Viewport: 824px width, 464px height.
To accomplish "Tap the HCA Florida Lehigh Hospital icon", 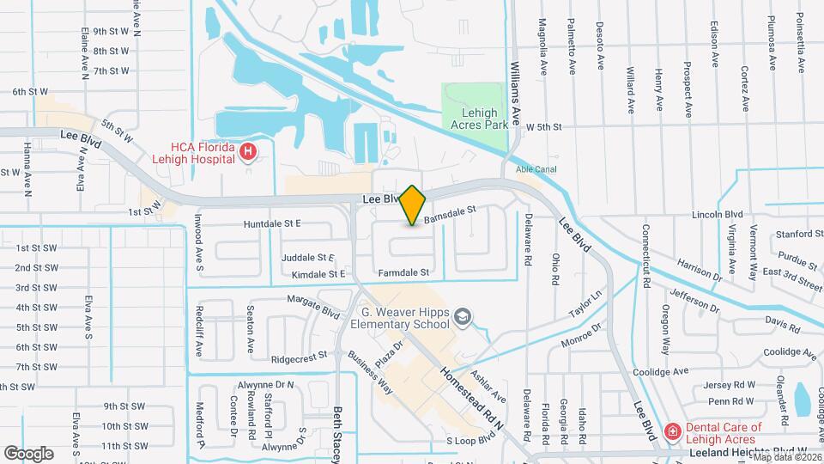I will pyautogui.click(x=248, y=152).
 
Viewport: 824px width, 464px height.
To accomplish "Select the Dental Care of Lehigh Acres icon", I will pyautogui.click(x=674, y=430).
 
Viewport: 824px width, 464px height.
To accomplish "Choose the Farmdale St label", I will pyautogui.click(x=403, y=272).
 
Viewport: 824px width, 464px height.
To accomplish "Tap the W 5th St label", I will pyautogui.click(x=543, y=126).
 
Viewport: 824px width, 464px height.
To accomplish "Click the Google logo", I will pyautogui.click(x=28, y=453).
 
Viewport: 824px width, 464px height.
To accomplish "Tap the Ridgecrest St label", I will pyautogui.click(x=299, y=354).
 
